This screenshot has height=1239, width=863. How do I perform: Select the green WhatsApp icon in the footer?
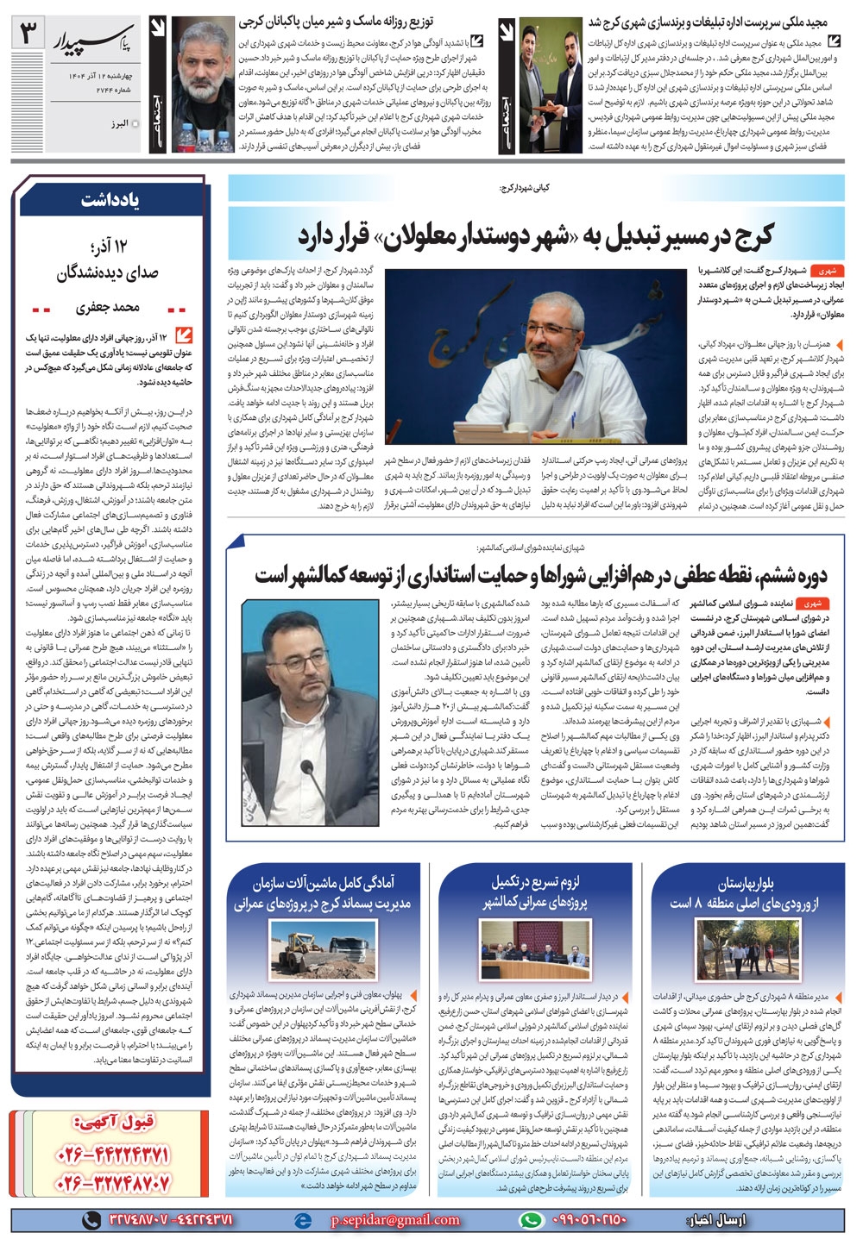coord(530,1219)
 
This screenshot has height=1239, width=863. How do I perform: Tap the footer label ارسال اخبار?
coord(718,1219)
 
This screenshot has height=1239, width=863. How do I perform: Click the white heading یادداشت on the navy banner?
coord(111,200)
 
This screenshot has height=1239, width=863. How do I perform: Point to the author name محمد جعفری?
coord(107,308)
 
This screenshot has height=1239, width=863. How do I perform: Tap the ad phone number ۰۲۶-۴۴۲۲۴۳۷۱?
coord(112,1153)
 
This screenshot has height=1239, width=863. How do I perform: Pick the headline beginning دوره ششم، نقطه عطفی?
coord(540,574)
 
